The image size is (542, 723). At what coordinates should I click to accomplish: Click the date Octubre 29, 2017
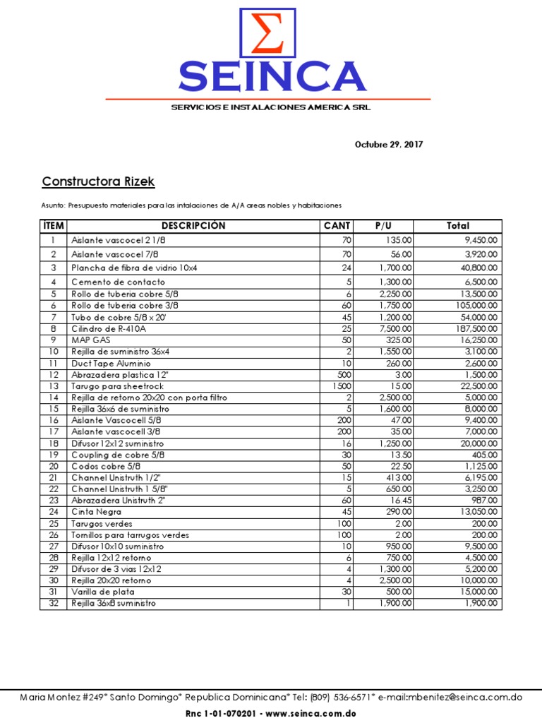pos(388,145)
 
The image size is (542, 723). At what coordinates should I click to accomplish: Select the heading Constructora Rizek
pos(98,182)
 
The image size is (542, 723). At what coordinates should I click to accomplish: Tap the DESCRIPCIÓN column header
pos(193,226)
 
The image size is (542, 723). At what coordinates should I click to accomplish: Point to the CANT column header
pos(337,226)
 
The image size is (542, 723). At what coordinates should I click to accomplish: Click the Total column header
pos(457,226)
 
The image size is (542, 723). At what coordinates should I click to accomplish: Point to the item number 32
pos(53,604)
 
